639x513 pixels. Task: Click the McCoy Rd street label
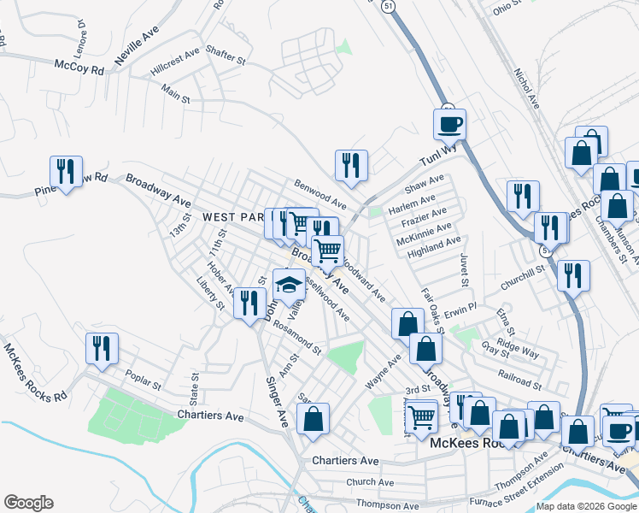(x=78, y=66)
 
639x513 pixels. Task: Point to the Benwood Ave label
(x=319, y=195)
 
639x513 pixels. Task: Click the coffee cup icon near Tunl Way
(x=449, y=125)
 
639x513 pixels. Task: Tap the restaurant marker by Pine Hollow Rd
(x=66, y=171)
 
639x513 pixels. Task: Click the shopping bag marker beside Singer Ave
(x=314, y=419)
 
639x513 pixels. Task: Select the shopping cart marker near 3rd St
(x=421, y=417)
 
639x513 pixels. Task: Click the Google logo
(x=28, y=503)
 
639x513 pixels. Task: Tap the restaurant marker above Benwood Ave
(x=351, y=166)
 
